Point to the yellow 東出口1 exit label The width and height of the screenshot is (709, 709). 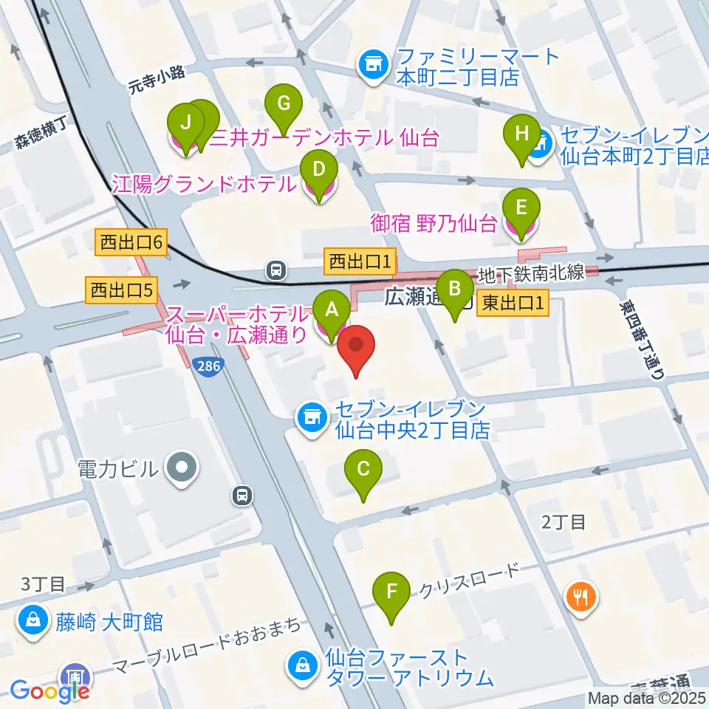pos(514,303)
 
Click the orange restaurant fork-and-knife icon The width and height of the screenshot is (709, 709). pos(581,596)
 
